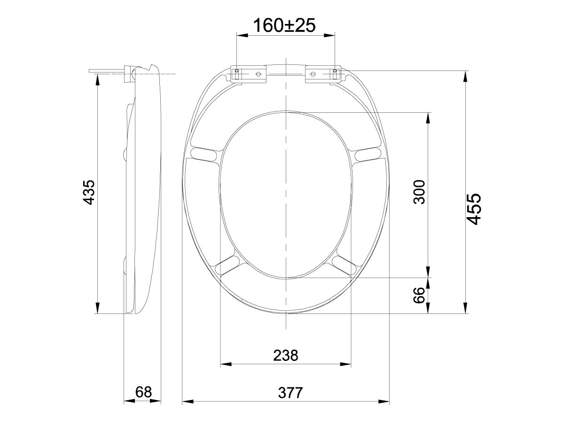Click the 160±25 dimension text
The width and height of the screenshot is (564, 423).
(x=284, y=25)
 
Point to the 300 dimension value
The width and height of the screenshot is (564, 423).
(x=419, y=192)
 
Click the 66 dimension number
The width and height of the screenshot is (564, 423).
(x=419, y=295)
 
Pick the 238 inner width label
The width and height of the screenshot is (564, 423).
(x=285, y=355)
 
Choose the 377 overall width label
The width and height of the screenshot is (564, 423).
(x=285, y=392)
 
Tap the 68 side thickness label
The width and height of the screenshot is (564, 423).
(x=143, y=392)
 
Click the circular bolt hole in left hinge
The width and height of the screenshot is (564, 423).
(x=258, y=74)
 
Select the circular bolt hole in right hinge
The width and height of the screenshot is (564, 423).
(x=313, y=74)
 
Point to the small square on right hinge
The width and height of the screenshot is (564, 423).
(x=335, y=71)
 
